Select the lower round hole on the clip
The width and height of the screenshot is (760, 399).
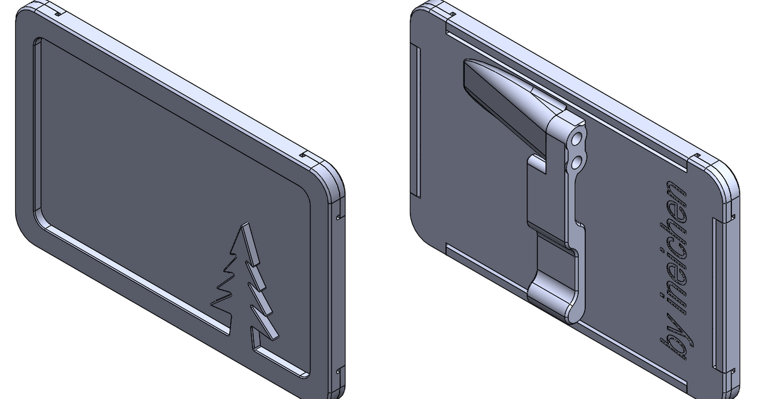[x=578, y=163]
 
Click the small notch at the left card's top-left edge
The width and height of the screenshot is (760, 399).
[x=56, y=11]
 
